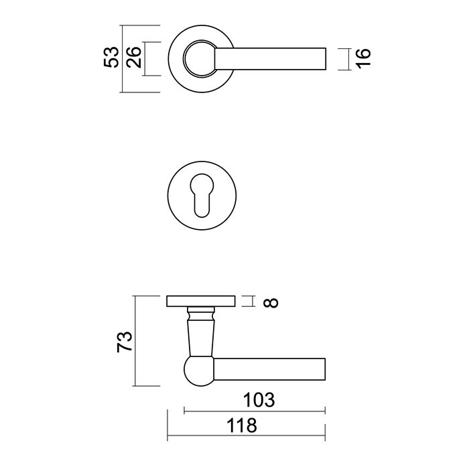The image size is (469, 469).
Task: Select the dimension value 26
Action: pos(133,58)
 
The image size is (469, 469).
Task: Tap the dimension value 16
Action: pos(362,58)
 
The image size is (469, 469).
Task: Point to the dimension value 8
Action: pos(271,302)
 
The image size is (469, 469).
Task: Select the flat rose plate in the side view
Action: pos(200,301)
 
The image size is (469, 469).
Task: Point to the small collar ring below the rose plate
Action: pos(200,313)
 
